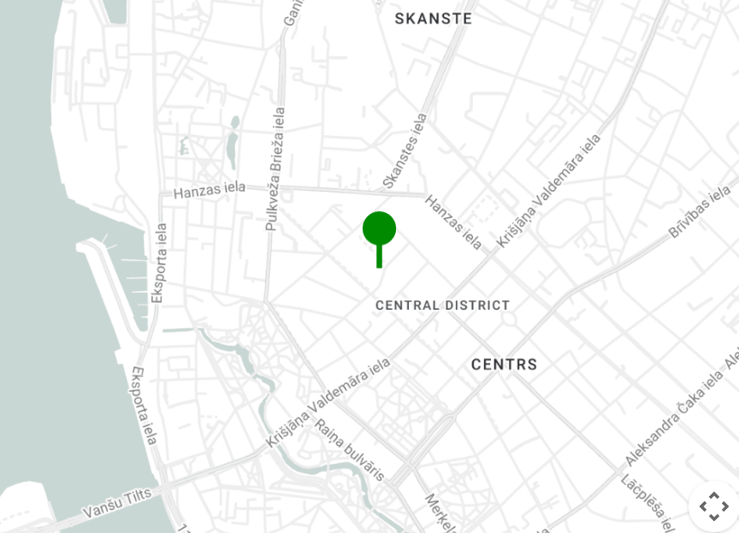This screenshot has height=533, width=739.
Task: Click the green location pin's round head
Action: (x=379, y=228)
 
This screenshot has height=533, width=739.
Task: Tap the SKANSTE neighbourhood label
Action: (x=433, y=19)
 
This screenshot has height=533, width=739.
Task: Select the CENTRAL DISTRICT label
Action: (x=442, y=305)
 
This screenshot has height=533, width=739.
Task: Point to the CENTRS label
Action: (x=505, y=364)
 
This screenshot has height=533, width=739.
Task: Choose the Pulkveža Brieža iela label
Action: (x=275, y=169)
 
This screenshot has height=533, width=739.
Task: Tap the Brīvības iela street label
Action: (x=700, y=211)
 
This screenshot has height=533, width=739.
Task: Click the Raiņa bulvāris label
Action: (x=349, y=450)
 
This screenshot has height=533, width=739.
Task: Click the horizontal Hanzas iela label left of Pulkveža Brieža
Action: (x=210, y=190)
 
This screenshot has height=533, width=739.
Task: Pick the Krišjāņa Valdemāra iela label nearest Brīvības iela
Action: (x=548, y=190)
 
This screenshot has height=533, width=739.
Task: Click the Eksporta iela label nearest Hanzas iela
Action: (x=159, y=263)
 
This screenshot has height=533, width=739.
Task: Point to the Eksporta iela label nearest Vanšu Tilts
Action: (x=144, y=406)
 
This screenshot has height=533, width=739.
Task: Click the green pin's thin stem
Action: (x=379, y=256)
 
